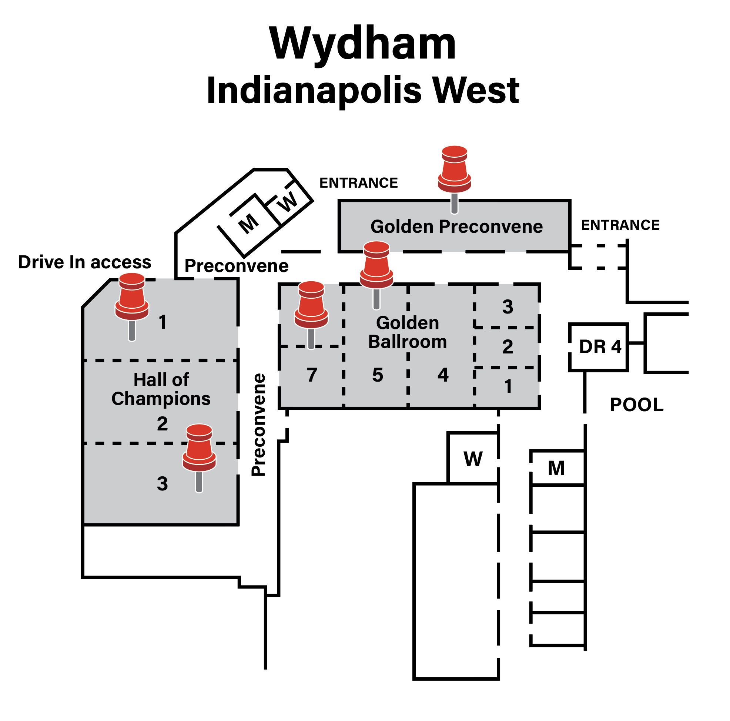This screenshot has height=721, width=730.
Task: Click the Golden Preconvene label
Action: pyautogui.click(x=456, y=227)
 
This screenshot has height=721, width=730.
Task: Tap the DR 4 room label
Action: pyautogui.click(x=600, y=347)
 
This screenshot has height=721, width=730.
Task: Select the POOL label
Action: pyautogui.click(x=636, y=405)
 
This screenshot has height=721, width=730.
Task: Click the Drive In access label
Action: pyautogui.click(x=85, y=262)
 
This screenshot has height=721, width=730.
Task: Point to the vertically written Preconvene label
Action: pyautogui.click(x=259, y=425)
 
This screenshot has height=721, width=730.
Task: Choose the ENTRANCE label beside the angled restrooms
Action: pyautogui.click(x=358, y=183)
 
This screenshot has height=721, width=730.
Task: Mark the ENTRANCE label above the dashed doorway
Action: pyautogui.click(x=620, y=225)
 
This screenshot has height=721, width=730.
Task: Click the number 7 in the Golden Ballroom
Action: pyautogui.click(x=312, y=375)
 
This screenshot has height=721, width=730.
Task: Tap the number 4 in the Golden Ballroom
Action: pyautogui.click(x=443, y=375)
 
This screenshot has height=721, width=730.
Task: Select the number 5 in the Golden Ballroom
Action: pyautogui.click(x=378, y=375)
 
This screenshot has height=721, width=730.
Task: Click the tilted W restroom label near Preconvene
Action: pyautogui.click(x=288, y=202)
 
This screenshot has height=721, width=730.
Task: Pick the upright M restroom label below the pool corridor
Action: pyautogui.click(x=556, y=469)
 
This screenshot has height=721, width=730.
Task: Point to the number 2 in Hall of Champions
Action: pyautogui.click(x=162, y=424)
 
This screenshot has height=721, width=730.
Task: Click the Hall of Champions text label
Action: pyautogui.click(x=161, y=389)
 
